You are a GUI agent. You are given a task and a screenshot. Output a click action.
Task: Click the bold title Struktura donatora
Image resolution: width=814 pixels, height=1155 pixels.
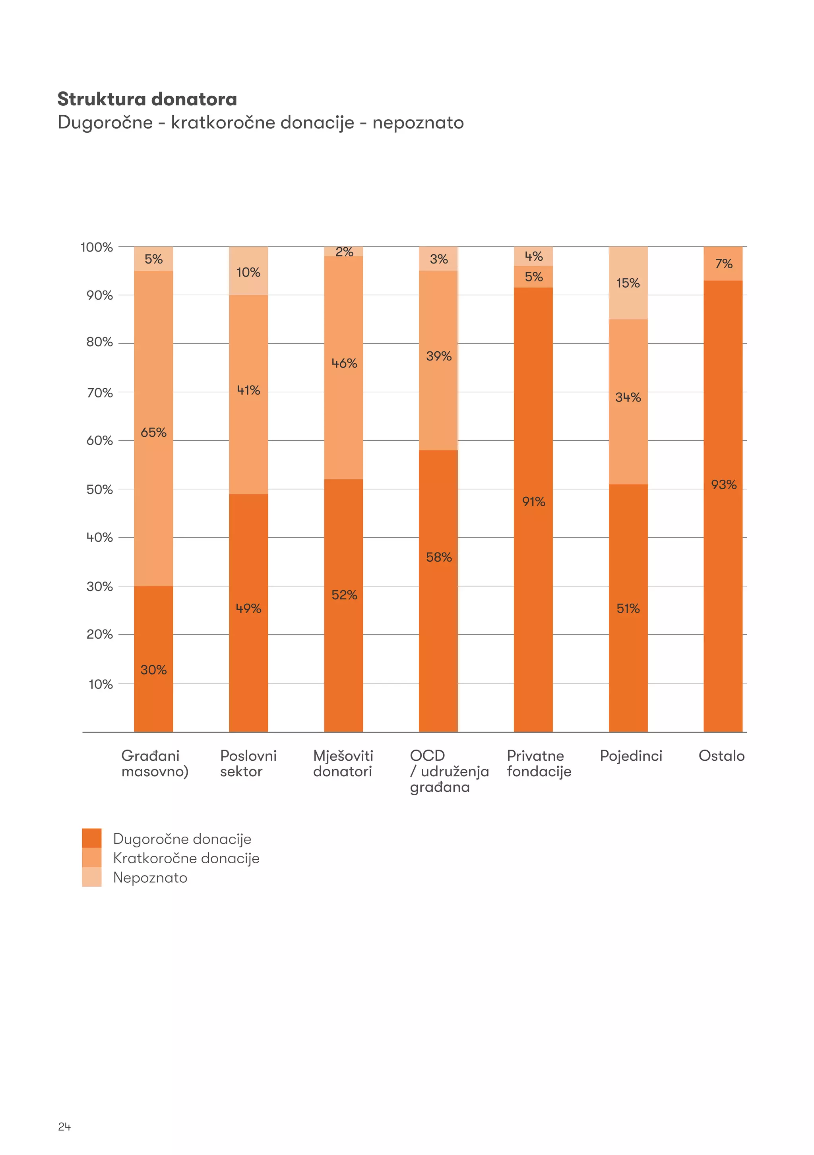[x=147, y=99]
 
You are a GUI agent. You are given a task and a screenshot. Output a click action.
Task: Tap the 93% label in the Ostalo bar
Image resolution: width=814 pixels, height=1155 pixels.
[x=723, y=485]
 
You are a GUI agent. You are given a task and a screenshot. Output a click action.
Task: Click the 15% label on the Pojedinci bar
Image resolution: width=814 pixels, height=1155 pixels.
[x=628, y=283]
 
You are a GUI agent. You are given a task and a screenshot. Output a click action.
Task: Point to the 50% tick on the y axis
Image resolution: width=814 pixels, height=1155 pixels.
[x=100, y=490]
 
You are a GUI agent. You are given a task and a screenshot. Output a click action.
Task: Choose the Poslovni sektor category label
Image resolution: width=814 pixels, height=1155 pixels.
[x=248, y=764]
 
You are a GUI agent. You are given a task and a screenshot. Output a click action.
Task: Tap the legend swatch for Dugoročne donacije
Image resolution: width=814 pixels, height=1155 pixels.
[x=91, y=838]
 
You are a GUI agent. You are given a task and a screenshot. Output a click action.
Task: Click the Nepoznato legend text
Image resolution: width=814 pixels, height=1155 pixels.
[x=150, y=878]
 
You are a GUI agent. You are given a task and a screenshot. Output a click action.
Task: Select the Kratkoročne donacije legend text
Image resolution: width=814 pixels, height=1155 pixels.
[x=186, y=858]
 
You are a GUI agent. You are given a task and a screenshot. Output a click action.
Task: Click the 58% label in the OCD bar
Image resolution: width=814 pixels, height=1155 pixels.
[x=439, y=557]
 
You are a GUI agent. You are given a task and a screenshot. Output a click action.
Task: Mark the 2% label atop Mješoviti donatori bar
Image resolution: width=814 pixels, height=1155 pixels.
[x=344, y=252]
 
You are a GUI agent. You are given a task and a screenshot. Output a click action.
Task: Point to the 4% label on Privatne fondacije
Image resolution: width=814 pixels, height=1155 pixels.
[x=533, y=256]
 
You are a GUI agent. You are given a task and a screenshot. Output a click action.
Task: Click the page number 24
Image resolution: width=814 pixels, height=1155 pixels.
[x=64, y=1127]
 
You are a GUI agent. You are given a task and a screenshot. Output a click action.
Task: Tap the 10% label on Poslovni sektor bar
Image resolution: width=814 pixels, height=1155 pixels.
[x=248, y=272]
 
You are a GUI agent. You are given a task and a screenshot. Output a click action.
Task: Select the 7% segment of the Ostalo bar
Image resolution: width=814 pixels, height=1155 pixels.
[x=723, y=264]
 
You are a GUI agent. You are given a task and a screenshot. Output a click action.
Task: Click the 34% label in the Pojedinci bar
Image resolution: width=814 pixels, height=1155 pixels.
[x=628, y=397]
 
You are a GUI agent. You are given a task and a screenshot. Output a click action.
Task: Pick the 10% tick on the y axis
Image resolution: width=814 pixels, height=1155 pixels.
[x=101, y=684]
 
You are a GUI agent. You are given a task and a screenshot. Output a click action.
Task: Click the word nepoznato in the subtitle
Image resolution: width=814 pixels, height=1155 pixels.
[x=418, y=123]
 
